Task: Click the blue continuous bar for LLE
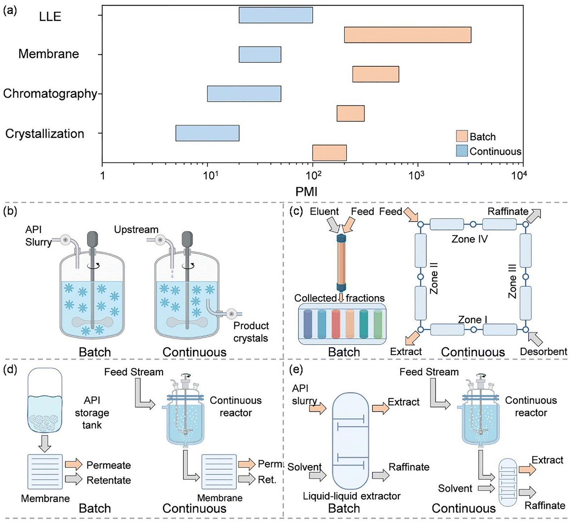(276, 15)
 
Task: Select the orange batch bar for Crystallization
(329, 153)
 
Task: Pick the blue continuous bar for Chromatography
(244, 94)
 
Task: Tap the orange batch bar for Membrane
(376, 74)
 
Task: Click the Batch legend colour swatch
(462, 136)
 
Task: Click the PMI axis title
(306, 192)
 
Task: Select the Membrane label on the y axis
(49, 54)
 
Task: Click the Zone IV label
(470, 239)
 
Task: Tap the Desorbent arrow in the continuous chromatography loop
(536, 338)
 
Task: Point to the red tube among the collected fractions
(336, 324)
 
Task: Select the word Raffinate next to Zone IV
(508, 212)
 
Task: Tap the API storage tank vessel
(45, 400)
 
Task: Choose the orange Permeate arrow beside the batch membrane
(73, 465)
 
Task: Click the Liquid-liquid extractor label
(352, 496)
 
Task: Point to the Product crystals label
(251, 332)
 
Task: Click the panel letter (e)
(297, 369)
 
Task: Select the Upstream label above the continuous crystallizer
(136, 230)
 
